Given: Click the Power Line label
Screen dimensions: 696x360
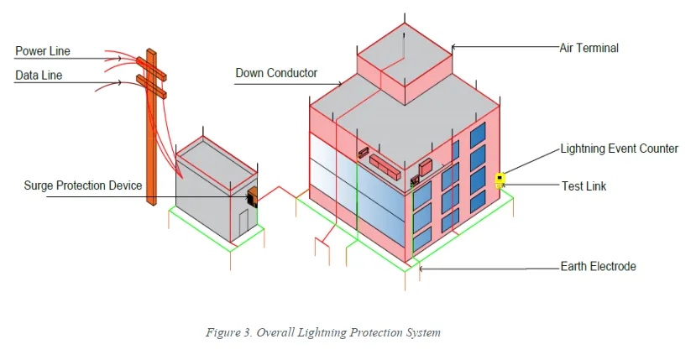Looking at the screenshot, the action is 43,51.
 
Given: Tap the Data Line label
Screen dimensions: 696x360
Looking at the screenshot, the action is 39,75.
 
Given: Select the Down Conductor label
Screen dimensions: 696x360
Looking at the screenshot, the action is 276,73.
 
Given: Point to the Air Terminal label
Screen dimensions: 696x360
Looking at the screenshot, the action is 589,48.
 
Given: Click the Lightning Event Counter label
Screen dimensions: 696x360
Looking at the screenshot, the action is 620,149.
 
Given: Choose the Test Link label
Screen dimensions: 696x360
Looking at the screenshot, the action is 583,186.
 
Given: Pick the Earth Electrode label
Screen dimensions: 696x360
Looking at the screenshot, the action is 598,266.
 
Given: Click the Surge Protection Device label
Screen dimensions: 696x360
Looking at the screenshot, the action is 83,185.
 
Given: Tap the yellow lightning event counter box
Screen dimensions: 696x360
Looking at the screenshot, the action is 500,179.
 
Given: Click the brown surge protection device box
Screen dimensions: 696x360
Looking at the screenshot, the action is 252,197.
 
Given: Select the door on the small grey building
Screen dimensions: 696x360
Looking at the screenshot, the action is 243,223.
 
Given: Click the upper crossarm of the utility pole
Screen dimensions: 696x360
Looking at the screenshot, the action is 151,68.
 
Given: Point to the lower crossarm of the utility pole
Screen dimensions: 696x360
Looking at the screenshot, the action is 151,86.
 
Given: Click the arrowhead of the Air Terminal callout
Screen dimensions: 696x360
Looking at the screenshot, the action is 453,47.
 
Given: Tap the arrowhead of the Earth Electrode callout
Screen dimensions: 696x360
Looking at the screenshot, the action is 421,269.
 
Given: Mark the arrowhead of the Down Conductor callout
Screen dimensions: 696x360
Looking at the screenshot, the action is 339,83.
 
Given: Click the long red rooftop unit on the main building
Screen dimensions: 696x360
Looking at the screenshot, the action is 385,166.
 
